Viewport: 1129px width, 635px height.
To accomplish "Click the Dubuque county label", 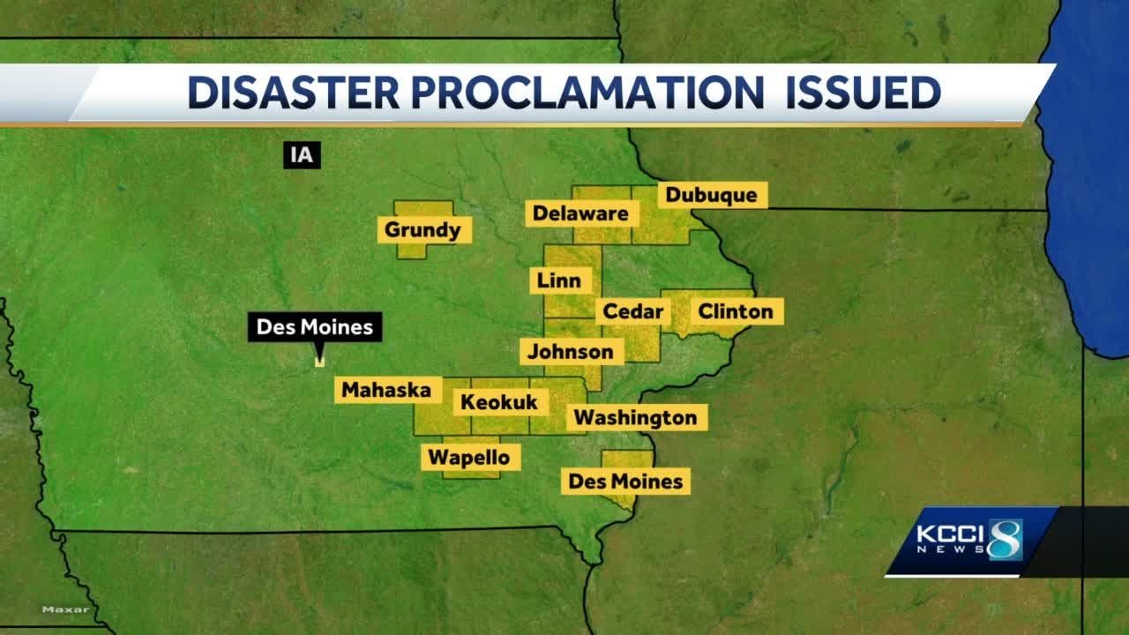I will click(711, 195).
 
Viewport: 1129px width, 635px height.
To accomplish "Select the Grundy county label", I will click(422, 231).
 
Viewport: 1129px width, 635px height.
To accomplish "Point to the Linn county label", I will click(559, 281).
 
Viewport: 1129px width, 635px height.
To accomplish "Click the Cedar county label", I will click(633, 311).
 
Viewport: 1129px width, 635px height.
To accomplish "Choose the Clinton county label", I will click(735, 311).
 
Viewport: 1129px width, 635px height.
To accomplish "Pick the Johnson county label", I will click(570, 352).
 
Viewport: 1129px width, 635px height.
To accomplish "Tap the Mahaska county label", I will click(386, 390).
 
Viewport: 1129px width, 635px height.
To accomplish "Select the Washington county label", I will click(635, 417).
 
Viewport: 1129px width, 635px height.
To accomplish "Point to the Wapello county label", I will click(469, 458).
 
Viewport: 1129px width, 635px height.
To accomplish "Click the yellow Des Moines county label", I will click(625, 482).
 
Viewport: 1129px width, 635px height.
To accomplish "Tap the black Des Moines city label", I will click(315, 328).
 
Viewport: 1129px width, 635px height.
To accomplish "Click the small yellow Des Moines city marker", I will click(319, 361).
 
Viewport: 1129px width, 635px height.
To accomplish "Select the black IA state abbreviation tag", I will click(301, 156).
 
